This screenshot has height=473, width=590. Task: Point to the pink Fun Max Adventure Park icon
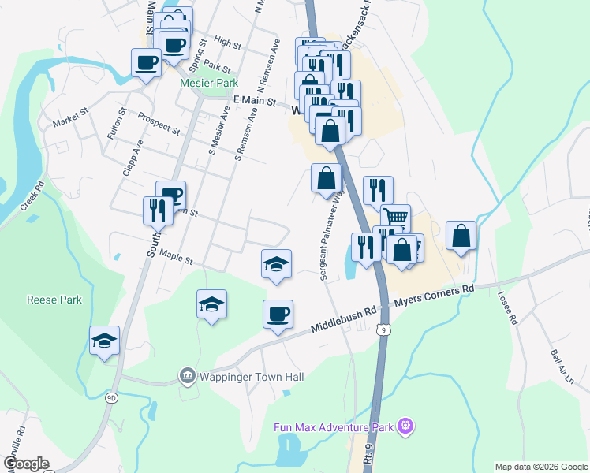click(x=406, y=427)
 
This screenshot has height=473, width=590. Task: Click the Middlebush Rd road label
click(x=343, y=318)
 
